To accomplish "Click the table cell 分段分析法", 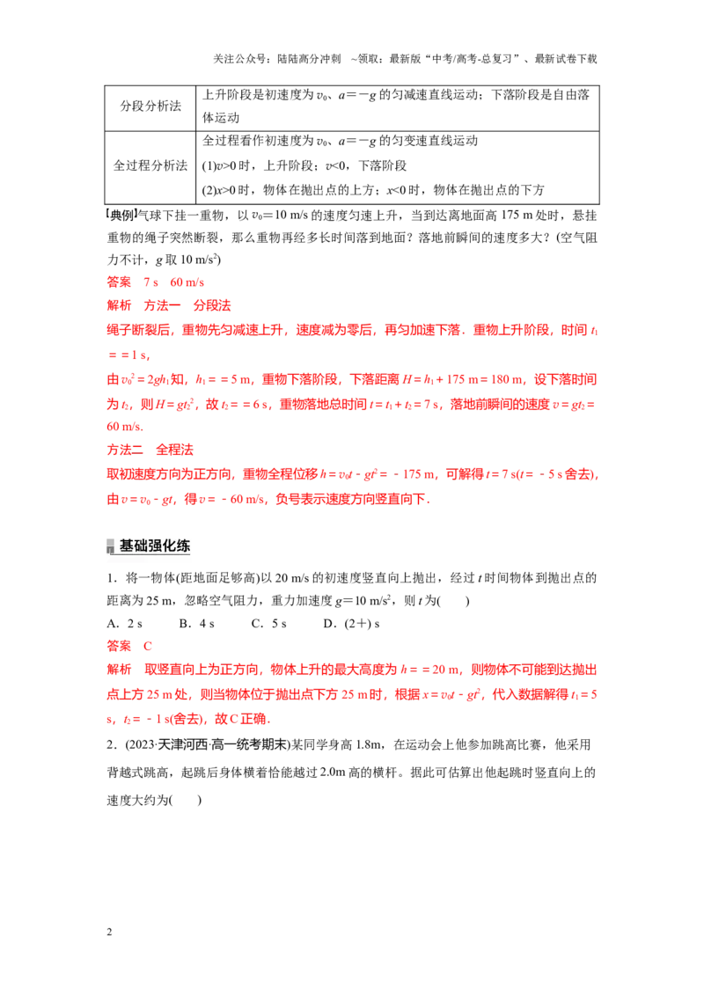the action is coord(150,106).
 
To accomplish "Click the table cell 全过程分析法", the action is coord(150,165).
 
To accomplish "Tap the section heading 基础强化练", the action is coord(154,546).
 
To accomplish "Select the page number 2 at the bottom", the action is coord(109,932).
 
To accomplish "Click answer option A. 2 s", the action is coord(125,624).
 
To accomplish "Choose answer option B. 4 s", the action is coord(197,624).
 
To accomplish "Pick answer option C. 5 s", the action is coord(269,624).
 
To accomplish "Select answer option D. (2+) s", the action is coord(351,624).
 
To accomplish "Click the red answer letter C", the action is coord(148,646).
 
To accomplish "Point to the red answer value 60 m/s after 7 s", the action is coord(187,282).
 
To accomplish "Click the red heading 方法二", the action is coord(125,450).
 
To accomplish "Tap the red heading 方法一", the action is coord(162,305).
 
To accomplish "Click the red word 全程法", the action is coord(175,450).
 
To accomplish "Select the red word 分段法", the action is coord(212,305).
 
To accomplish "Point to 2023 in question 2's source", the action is coord(140,744).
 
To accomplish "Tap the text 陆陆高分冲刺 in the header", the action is coord(310,59).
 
